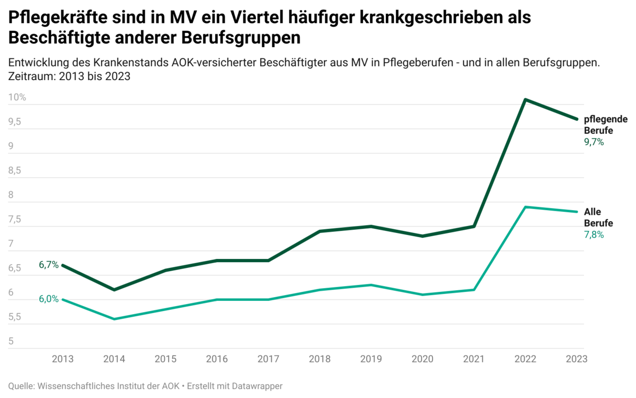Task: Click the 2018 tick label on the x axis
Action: pos(320,359)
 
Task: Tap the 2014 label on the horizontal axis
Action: pos(114,359)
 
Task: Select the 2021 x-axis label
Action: pos(474,359)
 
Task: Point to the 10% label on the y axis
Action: pos(17,98)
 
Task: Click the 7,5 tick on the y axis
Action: pos(14,220)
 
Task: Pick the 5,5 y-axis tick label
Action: pos(14,317)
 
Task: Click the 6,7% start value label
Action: pos(49,265)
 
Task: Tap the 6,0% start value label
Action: pos(49,299)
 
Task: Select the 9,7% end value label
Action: pos(594,142)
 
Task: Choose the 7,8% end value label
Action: pos(594,235)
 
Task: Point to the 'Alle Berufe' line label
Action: pos(598,218)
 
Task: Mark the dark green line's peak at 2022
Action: pos(525,99)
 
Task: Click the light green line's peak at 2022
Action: pos(525,207)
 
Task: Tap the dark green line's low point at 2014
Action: pos(114,290)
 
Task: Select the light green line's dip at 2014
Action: pos(114,319)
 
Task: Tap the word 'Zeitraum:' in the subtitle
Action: pos(30,76)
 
